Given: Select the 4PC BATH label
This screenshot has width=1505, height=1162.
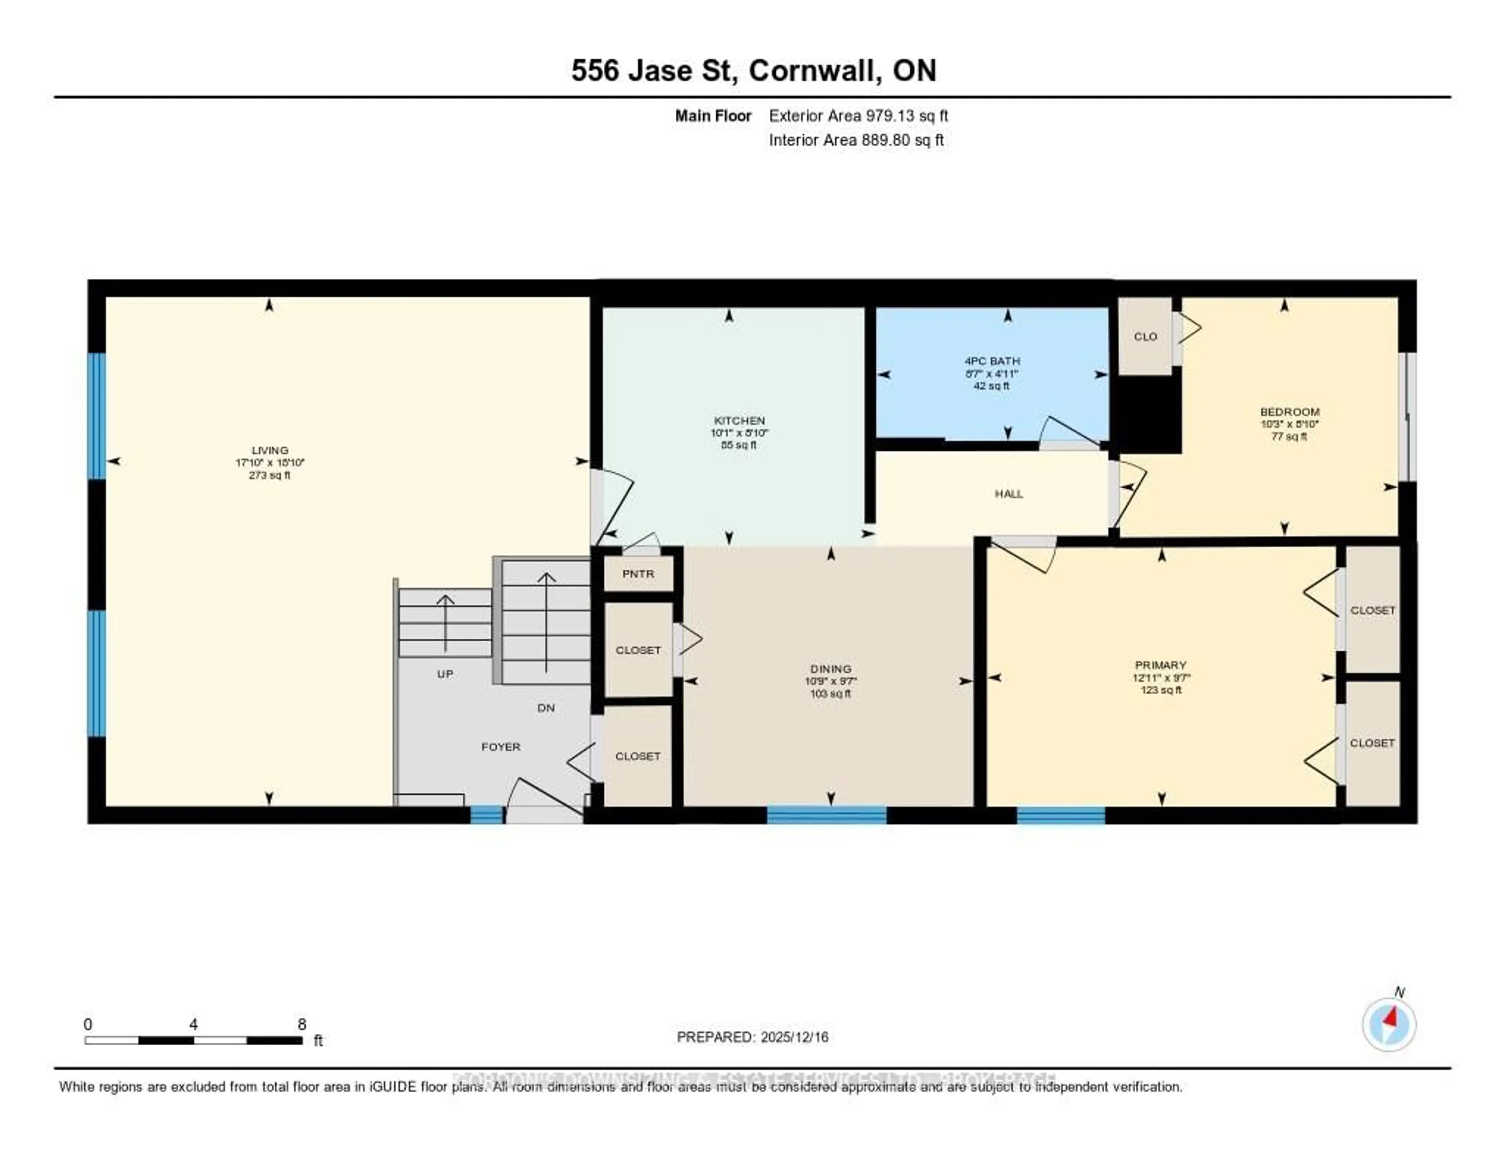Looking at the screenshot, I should (x=992, y=361).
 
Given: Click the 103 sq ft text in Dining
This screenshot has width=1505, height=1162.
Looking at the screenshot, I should (x=830, y=693).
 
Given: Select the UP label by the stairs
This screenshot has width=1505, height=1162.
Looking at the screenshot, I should (x=445, y=673).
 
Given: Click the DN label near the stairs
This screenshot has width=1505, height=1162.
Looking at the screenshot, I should (x=546, y=708).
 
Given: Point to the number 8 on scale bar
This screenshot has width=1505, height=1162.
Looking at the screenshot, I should (x=302, y=1024).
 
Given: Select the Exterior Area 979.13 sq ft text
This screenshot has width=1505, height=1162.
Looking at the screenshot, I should (x=858, y=116).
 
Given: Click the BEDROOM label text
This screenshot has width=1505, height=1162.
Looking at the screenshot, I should (x=1289, y=412).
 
